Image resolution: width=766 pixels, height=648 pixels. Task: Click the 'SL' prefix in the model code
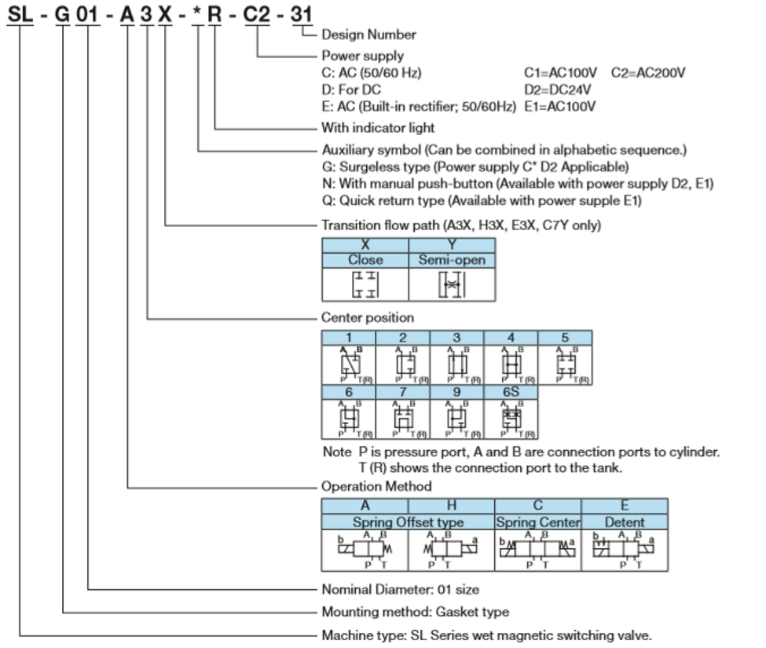coord(20,13)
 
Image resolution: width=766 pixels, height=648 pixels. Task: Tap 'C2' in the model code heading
coord(258,13)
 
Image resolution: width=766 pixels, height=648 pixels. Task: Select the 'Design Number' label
coord(368,35)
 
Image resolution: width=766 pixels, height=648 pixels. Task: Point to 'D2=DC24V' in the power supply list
coord(558,90)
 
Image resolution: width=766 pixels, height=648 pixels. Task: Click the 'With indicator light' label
coord(378,127)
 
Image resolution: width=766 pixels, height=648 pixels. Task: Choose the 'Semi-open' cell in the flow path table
coord(452,260)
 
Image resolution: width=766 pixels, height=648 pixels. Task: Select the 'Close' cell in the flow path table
coord(365,260)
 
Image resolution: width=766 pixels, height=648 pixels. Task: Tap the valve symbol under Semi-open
coord(452,285)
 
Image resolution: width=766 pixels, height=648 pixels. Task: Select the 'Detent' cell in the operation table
coord(625,522)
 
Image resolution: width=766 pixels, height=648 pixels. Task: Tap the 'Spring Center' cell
coord(538,522)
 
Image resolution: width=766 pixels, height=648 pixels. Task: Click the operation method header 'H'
coord(451,507)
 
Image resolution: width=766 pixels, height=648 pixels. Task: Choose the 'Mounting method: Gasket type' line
coord(415,612)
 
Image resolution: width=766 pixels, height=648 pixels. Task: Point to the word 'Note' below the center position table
coord(338,453)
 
